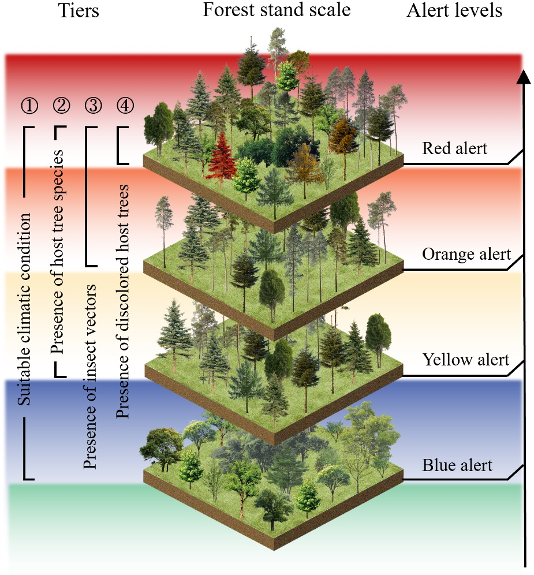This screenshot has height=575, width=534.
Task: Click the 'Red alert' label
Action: coord(455,149)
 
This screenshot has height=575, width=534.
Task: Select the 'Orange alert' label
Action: coord(466,254)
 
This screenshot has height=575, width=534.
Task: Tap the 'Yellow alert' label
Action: coord(466,360)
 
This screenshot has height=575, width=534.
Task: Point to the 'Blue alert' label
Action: coord(458,465)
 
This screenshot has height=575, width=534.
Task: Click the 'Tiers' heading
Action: coord(79,11)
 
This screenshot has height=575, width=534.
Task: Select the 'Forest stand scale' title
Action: coord(277,10)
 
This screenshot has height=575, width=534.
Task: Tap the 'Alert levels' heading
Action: coord(454,11)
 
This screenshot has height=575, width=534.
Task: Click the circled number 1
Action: coord(29,105)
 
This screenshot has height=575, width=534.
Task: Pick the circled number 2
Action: coord(61,105)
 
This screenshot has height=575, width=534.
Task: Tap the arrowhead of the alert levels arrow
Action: coord(523,77)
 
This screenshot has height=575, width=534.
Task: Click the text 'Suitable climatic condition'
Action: coord(24,308)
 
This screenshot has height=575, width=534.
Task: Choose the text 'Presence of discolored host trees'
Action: coord(122,302)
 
